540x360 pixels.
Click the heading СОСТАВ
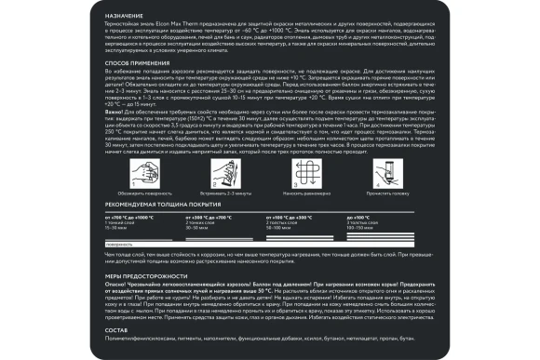[x=115, y=330]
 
